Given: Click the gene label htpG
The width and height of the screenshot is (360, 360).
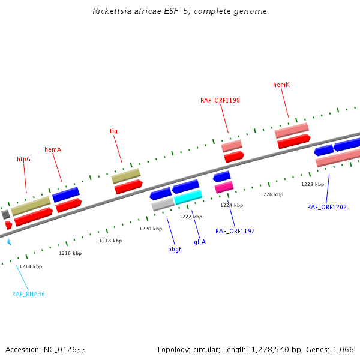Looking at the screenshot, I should (23, 160).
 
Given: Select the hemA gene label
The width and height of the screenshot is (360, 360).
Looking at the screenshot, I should (53, 149).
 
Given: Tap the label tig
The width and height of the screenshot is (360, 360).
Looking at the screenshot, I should (113, 131).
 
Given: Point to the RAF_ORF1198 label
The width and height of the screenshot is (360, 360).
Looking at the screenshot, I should (220, 100).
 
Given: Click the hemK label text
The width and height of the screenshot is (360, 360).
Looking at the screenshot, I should (281, 85).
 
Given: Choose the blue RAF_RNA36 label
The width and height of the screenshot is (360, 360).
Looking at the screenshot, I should (28, 294).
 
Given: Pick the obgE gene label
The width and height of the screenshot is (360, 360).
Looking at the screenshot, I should (175, 249).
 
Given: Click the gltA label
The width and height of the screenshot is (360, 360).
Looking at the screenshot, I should (200, 242).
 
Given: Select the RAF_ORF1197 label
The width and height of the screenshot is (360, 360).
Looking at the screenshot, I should (235, 231).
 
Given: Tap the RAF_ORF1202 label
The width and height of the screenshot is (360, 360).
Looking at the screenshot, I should (326, 207).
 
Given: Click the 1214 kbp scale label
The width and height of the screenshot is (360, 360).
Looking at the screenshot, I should (31, 266).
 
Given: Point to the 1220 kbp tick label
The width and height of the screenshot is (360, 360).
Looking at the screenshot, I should (151, 229).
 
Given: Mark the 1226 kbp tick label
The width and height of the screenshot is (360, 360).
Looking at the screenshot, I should (271, 194).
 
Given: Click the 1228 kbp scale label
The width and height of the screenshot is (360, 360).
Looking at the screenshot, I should (312, 184).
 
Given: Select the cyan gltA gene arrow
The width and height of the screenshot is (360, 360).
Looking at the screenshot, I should (188, 197).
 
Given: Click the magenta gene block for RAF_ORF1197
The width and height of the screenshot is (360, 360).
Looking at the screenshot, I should (224, 187).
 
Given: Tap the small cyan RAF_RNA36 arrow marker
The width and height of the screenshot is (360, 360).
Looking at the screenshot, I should (9, 241).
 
